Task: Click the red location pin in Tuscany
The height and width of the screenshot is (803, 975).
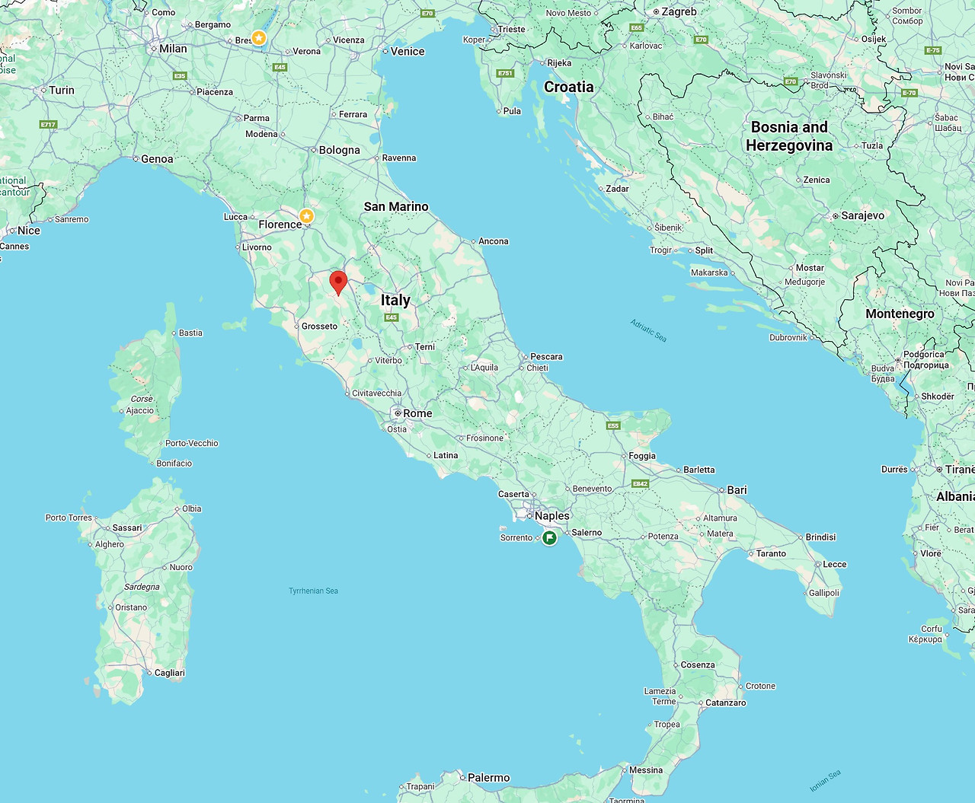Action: point(338,282)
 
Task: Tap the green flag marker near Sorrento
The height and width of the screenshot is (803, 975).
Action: point(549,538)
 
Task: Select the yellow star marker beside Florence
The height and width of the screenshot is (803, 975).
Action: point(306,216)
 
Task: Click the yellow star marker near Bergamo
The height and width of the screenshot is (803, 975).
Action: point(259,37)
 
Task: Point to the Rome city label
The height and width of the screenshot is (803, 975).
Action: point(417,413)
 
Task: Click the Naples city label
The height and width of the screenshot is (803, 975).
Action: point(551,515)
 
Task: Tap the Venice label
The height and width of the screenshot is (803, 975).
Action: point(408,51)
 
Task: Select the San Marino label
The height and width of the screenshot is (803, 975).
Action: point(396,206)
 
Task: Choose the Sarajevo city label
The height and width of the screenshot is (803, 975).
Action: point(862,215)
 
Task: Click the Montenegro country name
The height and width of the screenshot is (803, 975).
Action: point(900,314)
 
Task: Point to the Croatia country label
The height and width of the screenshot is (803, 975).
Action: point(568,87)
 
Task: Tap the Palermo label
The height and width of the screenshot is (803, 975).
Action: point(488,777)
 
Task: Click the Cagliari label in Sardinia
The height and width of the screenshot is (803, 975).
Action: point(169,673)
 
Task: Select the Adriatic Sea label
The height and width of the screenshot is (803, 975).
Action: point(648,330)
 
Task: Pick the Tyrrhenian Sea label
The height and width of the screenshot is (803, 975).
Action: point(313,591)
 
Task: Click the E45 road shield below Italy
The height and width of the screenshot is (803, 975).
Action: point(392,317)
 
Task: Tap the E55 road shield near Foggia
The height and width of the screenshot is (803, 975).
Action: point(613,425)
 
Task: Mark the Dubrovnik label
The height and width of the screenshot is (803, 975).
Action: point(788,337)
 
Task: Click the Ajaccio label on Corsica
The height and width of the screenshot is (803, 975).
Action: point(139,410)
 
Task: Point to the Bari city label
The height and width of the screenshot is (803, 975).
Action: point(737,489)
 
